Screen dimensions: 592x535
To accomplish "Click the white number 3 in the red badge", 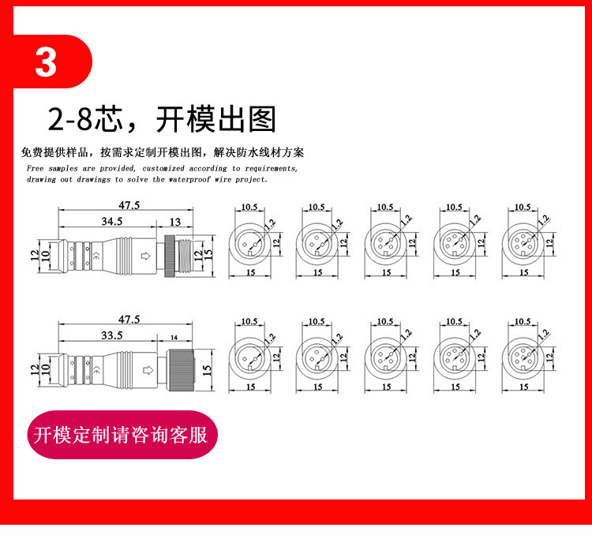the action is (x=46, y=62).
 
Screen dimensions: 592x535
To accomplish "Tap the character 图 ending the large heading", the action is (x=262, y=119).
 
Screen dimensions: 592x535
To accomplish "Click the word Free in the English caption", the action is (x=35, y=168).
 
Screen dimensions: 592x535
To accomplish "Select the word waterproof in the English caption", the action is (x=189, y=179).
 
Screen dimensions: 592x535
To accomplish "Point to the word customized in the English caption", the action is (x=163, y=168).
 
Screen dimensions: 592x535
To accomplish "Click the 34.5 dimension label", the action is (x=112, y=221).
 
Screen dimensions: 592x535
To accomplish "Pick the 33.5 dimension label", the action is (x=112, y=335).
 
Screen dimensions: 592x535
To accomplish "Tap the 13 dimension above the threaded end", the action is (x=174, y=222).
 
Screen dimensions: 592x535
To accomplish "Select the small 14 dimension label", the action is (x=174, y=337).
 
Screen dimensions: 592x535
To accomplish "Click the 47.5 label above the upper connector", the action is (x=129, y=205).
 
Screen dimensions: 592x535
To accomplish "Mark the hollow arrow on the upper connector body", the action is (x=145, y=256).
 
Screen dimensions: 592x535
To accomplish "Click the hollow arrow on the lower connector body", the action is (x=148, y=370).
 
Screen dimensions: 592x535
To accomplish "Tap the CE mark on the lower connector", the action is (x=96, y=370).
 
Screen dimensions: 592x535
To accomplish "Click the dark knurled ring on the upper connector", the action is (x=170, y=256).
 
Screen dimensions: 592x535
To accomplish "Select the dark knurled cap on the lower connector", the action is (x=182, y=370).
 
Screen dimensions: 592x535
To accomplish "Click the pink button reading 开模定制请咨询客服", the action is (x=122, y=435).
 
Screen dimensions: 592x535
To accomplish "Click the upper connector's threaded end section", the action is (x=185, y=256).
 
